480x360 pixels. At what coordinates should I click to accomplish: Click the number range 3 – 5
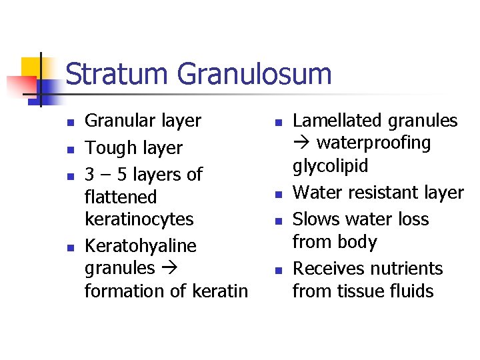104,174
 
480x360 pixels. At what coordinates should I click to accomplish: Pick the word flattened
121,197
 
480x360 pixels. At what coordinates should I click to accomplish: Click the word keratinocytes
139,219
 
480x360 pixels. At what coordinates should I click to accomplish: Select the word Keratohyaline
141,246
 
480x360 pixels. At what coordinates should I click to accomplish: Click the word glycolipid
331,166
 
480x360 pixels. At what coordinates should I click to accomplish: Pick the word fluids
413,291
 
